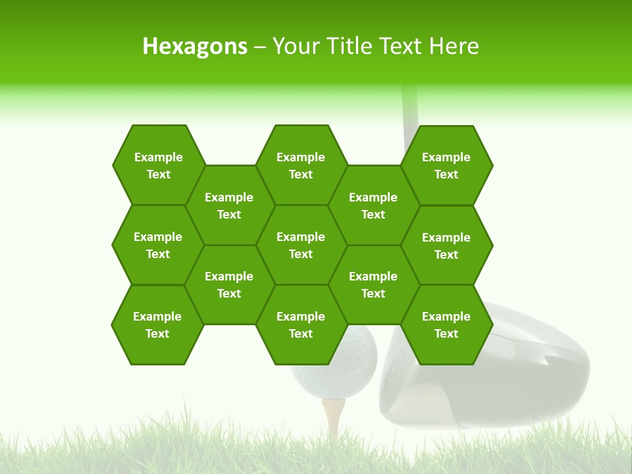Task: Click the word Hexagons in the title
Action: click(195, 46)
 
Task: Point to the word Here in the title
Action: click(454, 46)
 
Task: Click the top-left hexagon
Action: click(158, 165)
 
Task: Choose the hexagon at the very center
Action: click(301, 245)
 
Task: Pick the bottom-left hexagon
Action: click(157, 325)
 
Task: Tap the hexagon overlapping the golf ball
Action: click(301, 325)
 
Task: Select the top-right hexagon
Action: click(446, 165)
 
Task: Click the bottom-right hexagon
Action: click(446, 325)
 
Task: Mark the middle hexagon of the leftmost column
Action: click(158, 245)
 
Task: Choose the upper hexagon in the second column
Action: click(229, 205)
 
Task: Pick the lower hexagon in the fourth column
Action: click(373, 284)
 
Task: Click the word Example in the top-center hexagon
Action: click(301, 157)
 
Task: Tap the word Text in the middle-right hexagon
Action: click(446, 255)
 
